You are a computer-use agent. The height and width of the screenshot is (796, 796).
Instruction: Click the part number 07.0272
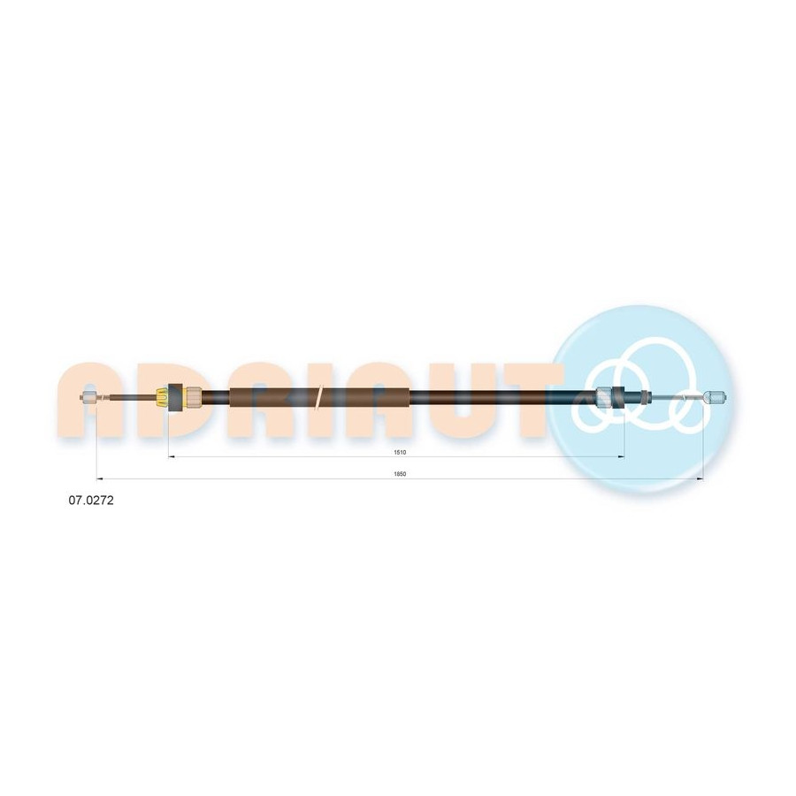point(91,500)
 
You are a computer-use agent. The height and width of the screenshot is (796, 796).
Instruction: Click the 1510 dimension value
point(400,452)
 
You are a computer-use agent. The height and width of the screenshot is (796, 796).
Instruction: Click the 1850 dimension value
point(400,474)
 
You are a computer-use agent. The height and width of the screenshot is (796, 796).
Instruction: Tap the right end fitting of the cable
point(716,397)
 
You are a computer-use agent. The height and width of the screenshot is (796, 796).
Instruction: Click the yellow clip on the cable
point(162,397)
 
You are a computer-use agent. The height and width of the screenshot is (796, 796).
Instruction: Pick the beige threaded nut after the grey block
point(194,397)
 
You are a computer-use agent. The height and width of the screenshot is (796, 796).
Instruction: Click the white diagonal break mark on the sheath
point(318,397)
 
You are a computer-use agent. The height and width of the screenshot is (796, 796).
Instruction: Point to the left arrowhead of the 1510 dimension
point(171,457)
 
